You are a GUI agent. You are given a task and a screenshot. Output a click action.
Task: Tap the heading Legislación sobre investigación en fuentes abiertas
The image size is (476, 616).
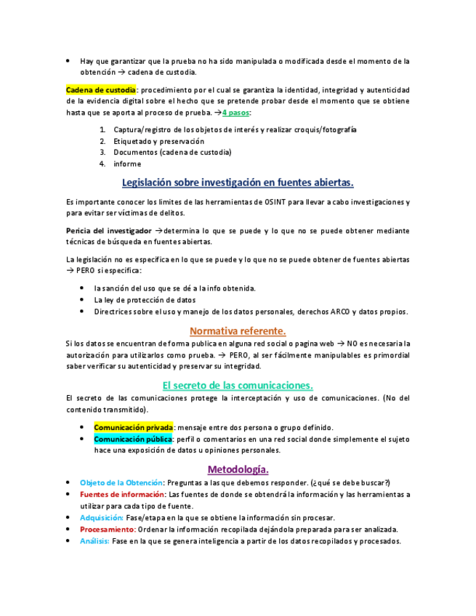(x=238, y=182)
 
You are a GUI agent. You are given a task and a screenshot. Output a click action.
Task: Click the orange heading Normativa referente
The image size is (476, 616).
(x=238, y=331)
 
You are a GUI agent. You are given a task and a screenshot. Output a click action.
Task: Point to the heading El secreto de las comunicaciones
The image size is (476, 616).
(x=238, y=385)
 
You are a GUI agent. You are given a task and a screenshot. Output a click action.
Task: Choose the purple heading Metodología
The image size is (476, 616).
(x=238, y=469)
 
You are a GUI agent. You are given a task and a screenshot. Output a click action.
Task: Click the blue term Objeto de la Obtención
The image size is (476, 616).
(x=121, y=482)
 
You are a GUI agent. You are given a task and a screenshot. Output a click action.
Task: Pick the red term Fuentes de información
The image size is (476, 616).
(x=122, y=494)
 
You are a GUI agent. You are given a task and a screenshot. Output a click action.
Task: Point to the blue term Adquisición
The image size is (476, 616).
(x=101, y=517)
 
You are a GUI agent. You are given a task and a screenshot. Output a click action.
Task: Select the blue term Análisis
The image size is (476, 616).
(x=94, y=540)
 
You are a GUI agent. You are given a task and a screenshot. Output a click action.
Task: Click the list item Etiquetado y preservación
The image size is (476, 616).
(x=158, y=141)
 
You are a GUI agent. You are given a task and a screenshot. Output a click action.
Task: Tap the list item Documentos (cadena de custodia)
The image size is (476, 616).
(x=172, y=152)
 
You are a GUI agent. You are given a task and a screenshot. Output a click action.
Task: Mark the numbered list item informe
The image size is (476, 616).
(x=127, y=163)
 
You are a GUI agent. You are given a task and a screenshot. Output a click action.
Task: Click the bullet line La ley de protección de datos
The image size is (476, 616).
(x=145, y=299)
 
